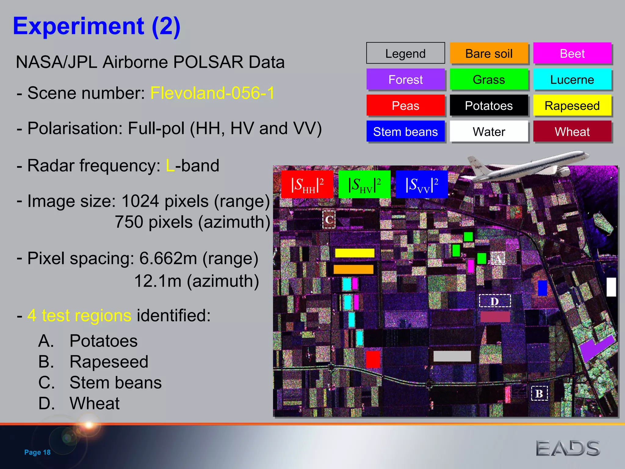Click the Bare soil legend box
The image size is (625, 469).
[x=489, y=53]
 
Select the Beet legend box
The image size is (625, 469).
[x=572, y=53]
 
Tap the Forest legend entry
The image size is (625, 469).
[x=405, y=79]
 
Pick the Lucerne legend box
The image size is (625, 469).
[x=572, y=79]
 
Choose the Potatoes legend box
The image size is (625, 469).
[x=489, y=106]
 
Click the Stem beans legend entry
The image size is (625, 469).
[x=405, y=132]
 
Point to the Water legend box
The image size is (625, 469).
[x=489, y=132]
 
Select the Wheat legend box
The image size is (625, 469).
[x=572, y=132]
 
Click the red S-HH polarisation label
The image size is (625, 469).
[x=307, y=184]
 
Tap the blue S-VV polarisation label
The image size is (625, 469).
[x=421, y=184]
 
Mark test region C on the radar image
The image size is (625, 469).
[x=329, y=219]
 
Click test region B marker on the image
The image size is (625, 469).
[x=539, y=393]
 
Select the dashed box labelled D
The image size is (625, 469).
[x=495, y=301]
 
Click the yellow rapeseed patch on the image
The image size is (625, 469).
[x=355, y=253]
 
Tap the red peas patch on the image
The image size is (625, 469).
[x=373, y=359]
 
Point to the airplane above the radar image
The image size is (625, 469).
[x=528, y=166]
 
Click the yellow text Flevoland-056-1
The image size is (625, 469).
[x=212, y=93]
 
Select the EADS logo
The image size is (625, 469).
[x=568, y=448]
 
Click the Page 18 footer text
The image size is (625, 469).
[x=37, y=452]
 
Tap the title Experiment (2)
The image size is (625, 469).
[x=97, y=26]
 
